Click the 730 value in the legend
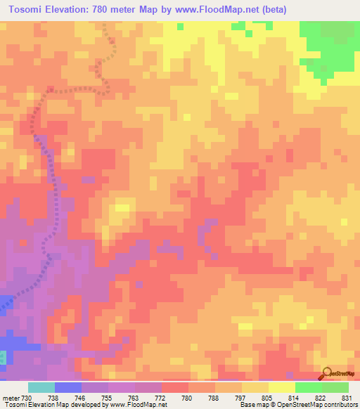click(x=27, y=398)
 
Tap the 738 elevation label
click(x=53, y=398)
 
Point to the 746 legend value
click(x=82, y=398)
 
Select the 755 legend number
click(x=108, y=398)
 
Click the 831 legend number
click(x=347, y=398)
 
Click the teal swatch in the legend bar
click(x=41, y=387)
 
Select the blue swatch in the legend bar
click(x=68, y=387)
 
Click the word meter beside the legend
click(x=10, y=398)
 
